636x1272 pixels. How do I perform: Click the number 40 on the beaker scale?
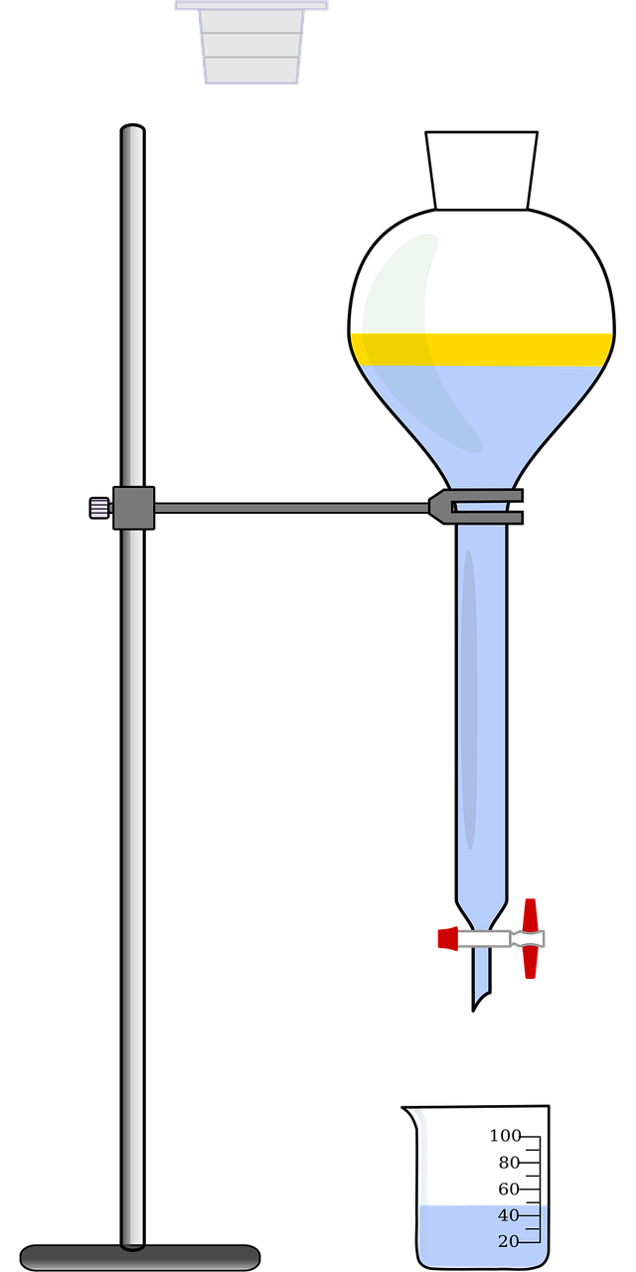click(x=508, y=1215)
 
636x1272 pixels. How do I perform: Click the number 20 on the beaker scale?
click(x=508, y=1240)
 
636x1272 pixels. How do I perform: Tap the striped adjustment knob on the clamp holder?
click(x=99, y=508)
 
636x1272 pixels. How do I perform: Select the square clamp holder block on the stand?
click(x=133, y=508)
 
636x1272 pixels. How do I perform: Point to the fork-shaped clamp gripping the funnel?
click(x=477, y=508)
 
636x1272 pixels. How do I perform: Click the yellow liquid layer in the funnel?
click(x=481, y=348)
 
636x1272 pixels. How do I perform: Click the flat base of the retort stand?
click(x=140, y=1257)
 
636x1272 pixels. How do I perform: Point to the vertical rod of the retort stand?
click(x=132, y=795)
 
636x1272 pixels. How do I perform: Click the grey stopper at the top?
click(x=251, y=45)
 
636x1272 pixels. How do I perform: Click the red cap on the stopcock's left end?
click(x=446, y=937)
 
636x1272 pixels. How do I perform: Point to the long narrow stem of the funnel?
click(x=482, y=715)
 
